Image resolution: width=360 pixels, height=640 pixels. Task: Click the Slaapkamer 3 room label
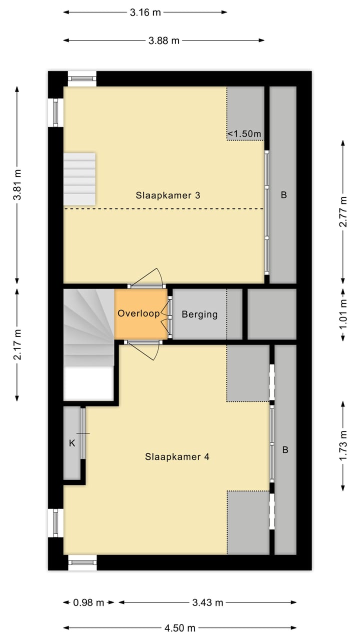click(168, 195)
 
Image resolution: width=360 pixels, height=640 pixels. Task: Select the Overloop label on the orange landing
click(138, 313)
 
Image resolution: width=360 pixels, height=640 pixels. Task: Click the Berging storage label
click(199, 314)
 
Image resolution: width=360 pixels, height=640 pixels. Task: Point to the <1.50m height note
click(244, 133)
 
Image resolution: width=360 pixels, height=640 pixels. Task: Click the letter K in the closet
click(72, 442)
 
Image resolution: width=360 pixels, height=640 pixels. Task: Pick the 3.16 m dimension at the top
click(145, 12)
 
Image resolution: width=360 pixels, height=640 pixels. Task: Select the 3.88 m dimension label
click(163, 41)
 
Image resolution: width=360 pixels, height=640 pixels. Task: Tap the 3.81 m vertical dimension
click(17, 184)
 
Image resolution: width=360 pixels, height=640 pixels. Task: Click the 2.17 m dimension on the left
click(17, 344)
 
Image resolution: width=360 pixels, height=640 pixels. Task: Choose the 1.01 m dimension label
click(343, 314)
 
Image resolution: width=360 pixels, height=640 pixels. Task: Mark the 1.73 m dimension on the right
click(343, 445)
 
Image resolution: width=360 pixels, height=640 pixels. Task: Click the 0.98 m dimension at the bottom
click(88, 602)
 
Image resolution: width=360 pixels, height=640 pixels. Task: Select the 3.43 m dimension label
click(207, 602)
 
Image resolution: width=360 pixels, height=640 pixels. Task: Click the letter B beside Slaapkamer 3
click(283, 195)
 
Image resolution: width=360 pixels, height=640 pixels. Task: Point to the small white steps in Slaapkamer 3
click(79, 178)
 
